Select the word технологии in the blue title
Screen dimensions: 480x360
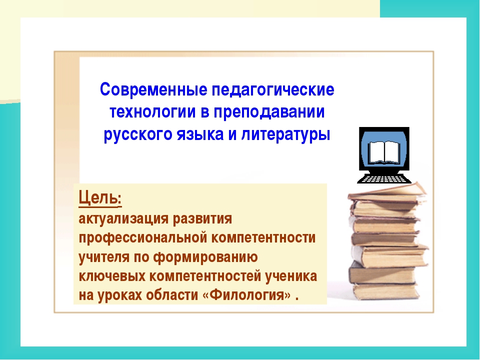click(152, 111)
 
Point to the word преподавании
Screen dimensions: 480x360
click(269, 112)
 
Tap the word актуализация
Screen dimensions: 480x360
click(123, 219)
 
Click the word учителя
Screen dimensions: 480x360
click(104, 257)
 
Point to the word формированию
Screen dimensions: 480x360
click(205, 257)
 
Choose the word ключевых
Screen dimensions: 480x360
click(111, 276)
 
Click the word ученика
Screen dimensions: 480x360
click(291, 276)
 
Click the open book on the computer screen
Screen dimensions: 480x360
click(384, 152)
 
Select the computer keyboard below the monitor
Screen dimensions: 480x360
click(384, 178)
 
